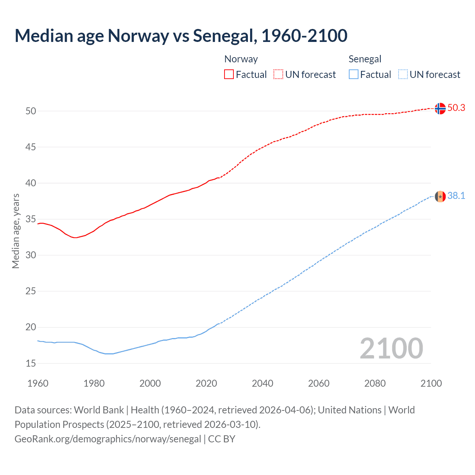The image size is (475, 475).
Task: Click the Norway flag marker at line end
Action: (440, 108)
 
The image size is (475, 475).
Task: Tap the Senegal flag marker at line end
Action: (440, 196)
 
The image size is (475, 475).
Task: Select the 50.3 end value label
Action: (456, 108)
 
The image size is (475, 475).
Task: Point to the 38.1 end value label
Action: (456, 196)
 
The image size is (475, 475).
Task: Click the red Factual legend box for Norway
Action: (229, 74)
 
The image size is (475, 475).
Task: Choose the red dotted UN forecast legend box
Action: (278, 74)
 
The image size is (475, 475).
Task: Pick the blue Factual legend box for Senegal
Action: (353, 74)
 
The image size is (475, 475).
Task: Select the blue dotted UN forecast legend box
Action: (403, 74)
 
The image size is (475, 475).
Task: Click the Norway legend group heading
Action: (241, 59)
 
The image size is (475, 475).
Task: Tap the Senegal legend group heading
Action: (365, 59)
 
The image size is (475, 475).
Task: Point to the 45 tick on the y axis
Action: (31, 147)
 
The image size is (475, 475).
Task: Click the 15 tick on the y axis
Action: (31, 363)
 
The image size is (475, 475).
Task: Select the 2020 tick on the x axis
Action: (206, 383)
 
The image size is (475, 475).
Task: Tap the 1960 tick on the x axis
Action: (38, 383)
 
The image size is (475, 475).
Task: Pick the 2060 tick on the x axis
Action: (319, 383)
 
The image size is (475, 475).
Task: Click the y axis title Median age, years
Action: (16, 231)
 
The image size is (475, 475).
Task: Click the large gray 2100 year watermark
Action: (391, 348)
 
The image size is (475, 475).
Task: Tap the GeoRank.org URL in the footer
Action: (108, 439)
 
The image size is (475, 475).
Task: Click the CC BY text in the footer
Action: (222, 439)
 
